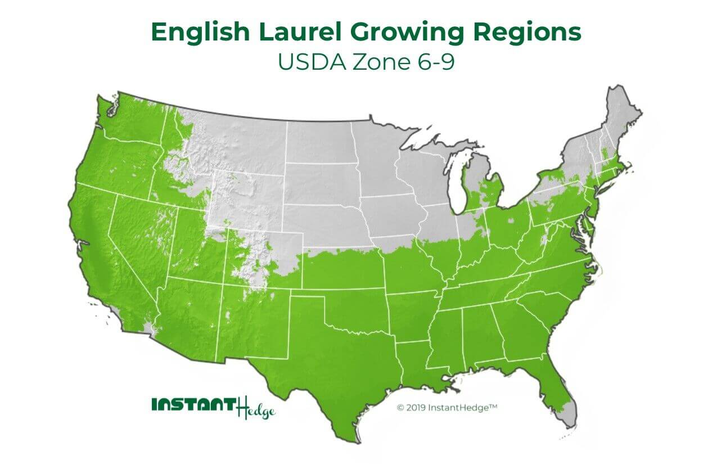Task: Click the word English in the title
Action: click(197, 33)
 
